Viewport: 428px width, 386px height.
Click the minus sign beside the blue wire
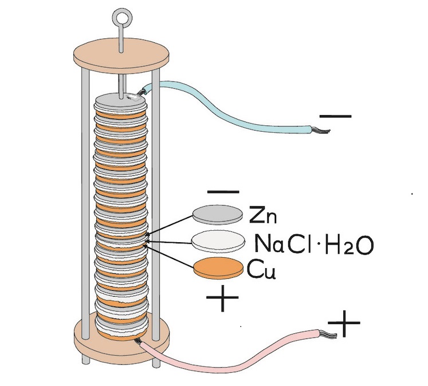[336, 116]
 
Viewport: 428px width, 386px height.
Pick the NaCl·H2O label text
[314, 244]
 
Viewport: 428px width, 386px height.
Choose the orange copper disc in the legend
[218, 269]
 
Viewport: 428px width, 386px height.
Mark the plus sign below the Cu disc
[221, 300]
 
